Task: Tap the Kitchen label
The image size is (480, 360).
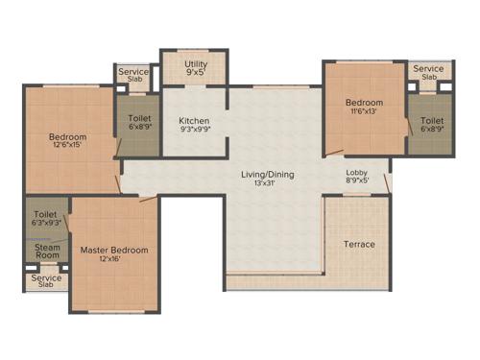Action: pyautogui.click(x=194, y=121)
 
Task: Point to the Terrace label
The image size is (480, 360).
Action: pyautogui.click(x=359, y=244)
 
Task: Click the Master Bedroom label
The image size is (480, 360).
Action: pyautogui.click(x=114, y=250)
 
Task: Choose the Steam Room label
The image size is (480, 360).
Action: pyautogui.click(x=47, y=252)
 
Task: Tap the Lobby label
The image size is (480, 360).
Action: pyautogui.click(x=356, y=173)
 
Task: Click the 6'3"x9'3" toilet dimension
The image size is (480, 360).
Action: pyautogui.click(x=45, y=223)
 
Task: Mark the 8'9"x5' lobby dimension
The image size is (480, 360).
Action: pyautogui.click(x=356, y=181)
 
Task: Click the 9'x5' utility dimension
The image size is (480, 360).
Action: pyautogui.click(x=195, y=71)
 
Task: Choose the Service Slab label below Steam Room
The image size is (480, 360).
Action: pyautogui.click(x=46, y=280)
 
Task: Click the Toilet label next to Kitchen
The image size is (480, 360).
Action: pyautogui.click(x=138, y=120)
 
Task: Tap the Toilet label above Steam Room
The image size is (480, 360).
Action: pyautogui.click(x=45, y=214)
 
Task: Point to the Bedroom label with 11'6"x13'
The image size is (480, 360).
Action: pyautogui.click(x=364, y=103)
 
